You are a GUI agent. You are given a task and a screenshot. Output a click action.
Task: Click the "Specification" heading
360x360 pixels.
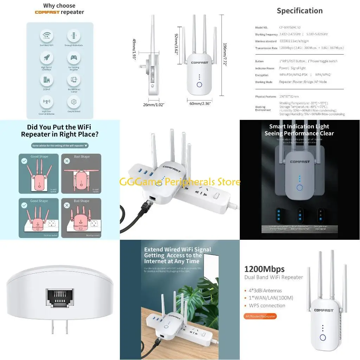[300, 11]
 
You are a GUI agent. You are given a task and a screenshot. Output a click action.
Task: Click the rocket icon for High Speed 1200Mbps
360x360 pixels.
[46, 58]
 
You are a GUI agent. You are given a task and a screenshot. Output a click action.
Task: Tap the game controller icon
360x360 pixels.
[74, 58]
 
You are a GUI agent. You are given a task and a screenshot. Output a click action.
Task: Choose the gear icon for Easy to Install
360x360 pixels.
[74, 102]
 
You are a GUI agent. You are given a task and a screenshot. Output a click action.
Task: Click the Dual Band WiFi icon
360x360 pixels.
[46, 36]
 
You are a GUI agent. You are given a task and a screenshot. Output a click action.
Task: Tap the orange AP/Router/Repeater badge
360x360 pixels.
[260, 316]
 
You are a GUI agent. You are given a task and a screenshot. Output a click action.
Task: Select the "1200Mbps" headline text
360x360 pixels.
[264, 269]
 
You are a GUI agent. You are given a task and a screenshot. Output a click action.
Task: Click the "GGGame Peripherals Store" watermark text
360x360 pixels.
[180, 182]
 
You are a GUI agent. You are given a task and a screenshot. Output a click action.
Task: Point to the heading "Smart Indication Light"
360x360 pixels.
[299, 127]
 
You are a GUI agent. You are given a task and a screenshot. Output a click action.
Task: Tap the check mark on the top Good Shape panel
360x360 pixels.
[24, 161]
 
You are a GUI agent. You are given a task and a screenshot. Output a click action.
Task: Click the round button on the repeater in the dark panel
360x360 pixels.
[300, 187]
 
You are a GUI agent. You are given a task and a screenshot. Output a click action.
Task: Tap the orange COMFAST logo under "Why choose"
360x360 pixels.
[47, 12]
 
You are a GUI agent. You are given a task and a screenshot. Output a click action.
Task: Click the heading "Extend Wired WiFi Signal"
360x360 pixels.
[178, 250]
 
